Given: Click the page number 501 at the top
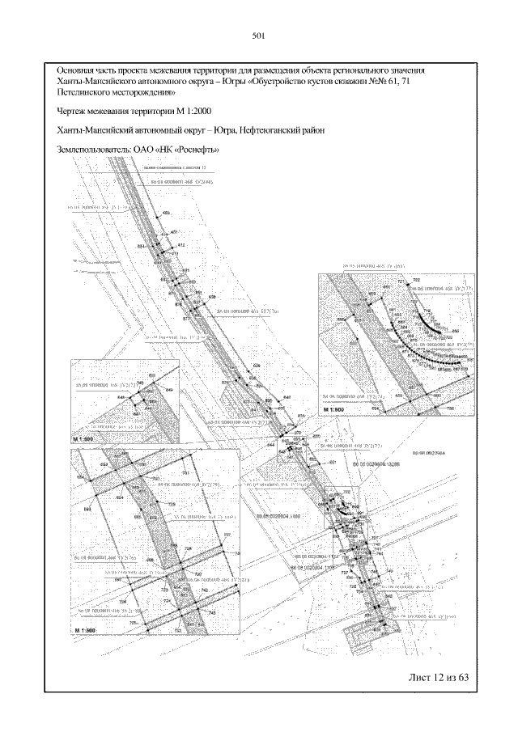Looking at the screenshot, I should [259, 36].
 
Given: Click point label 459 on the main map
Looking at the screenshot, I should [167, 212].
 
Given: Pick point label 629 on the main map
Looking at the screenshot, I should [257, 366].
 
